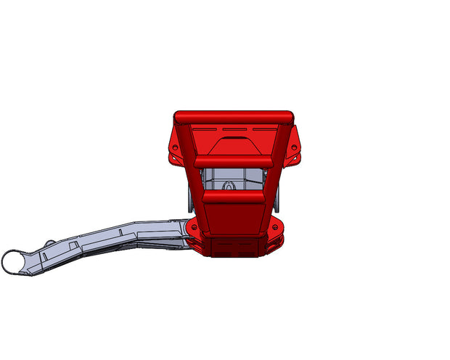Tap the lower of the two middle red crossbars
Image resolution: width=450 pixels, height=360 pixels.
point(232,196)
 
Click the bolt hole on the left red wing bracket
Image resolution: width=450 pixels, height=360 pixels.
point(174,147)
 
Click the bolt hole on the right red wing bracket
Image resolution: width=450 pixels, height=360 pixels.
point(295,147)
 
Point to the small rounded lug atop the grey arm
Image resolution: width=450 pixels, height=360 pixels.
point(49,242)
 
